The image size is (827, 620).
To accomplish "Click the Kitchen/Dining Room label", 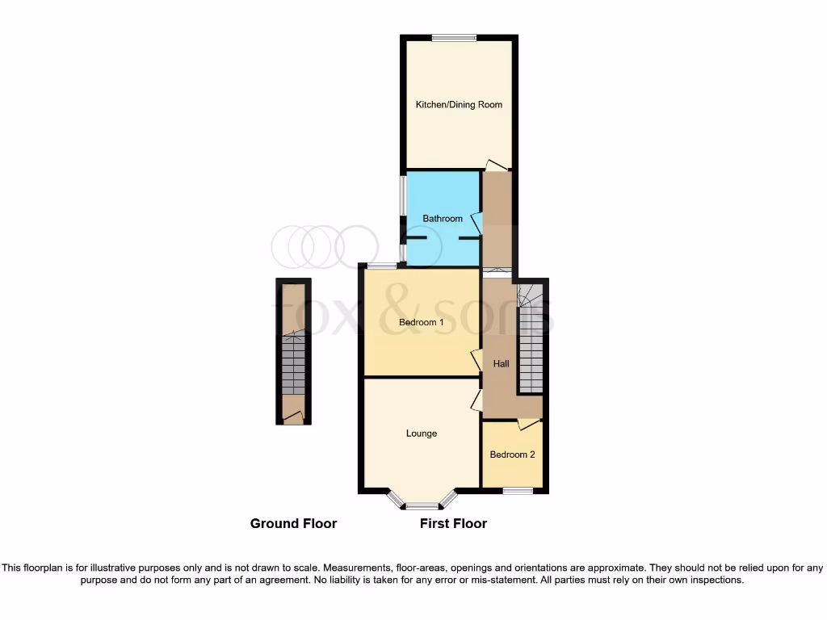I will point(459,105).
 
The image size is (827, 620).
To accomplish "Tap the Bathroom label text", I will point(443,219).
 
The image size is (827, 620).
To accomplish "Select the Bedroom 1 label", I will point(422,323).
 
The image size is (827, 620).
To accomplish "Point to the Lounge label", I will point(422,434).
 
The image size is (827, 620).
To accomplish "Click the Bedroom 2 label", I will point(512,455).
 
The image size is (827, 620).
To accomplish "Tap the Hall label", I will point(502,364).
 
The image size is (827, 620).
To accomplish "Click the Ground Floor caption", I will point(293,524).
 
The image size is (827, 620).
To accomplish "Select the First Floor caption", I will point(453,524).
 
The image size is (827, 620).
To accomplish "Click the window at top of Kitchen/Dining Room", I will point(453,36).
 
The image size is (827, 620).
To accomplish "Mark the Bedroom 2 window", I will point(518,490).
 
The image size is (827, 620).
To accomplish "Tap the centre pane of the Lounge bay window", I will point(420,507).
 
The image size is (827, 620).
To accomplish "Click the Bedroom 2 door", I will point(528,423).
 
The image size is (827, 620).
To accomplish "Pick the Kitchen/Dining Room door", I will point(497,165).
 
